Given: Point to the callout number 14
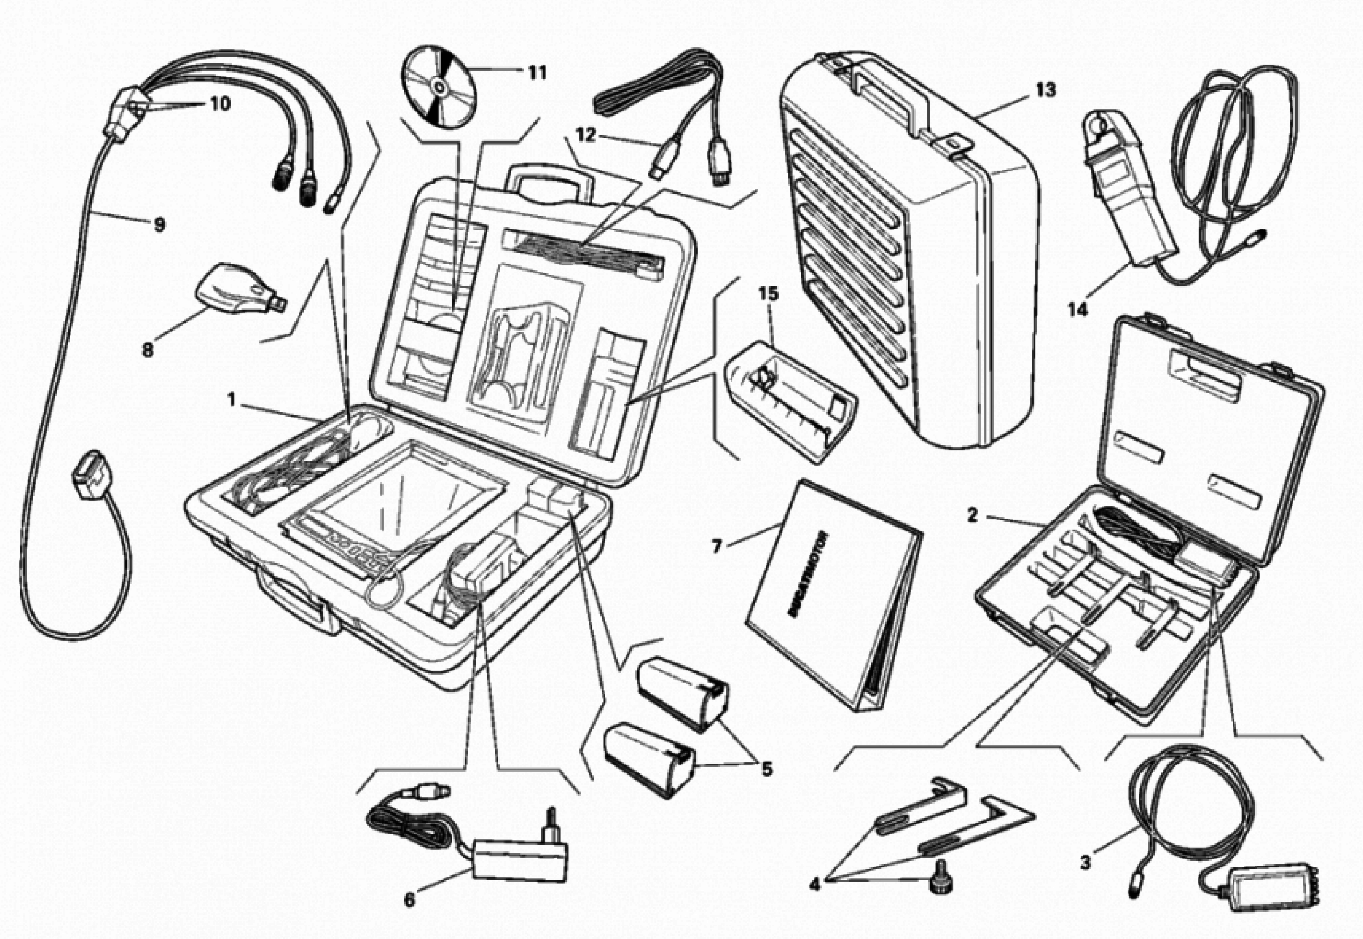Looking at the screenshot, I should click(1079, 309).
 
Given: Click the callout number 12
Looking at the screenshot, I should click(586, 135).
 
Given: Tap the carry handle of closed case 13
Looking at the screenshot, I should click(889, 97).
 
